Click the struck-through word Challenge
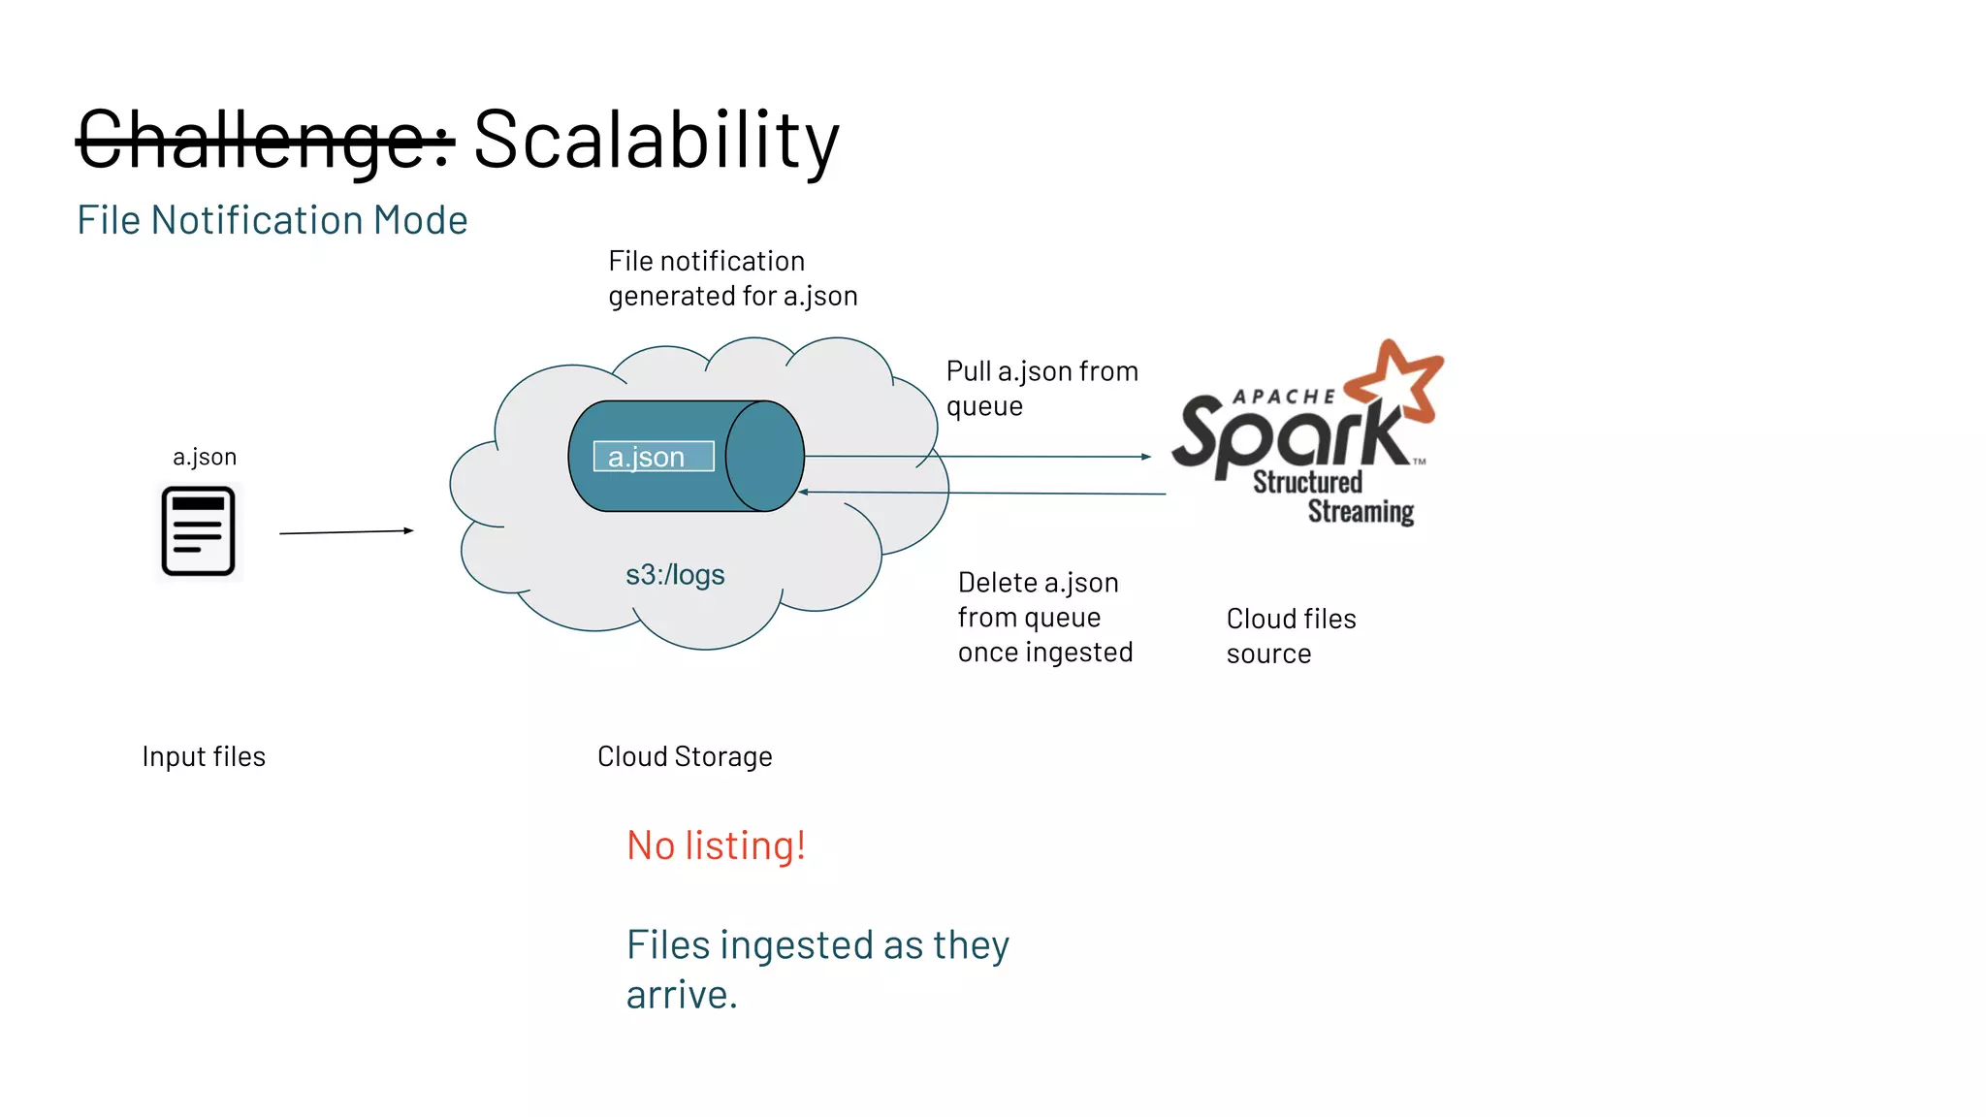click(x=264, y=141)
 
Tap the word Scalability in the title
click(x=656, y=141)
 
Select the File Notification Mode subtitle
click(x=272, y=220)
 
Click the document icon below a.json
click(x=198, y=531)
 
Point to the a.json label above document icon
click(x=205, y=457)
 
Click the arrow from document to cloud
click(x=346, y=531)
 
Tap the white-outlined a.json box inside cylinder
click(x=654, y=457)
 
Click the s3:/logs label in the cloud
click(x=675, y=575)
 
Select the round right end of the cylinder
click(x=765, y=456)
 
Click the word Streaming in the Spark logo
click(x=1360, y=511)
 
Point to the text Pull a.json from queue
click(x=1041, y=388)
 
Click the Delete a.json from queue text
click(x=1044, y=617)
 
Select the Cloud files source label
click(x=1290, y=635)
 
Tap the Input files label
click(x=204, y=756)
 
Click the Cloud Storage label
click(x=685, y=756)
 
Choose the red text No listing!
click(x=716, y=846)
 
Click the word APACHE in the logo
click(x=1283, y=397)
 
